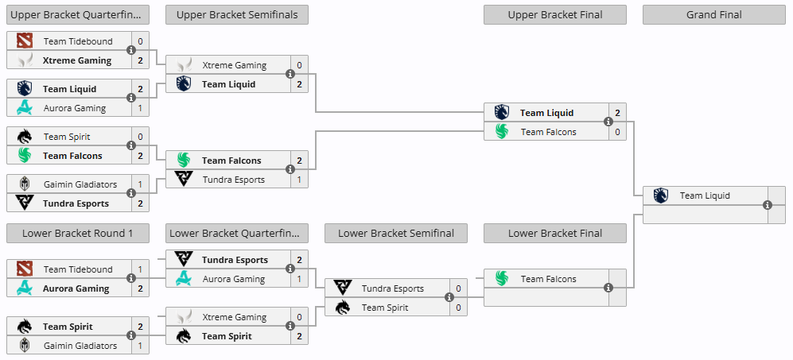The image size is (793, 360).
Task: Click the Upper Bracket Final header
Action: click(555, 15)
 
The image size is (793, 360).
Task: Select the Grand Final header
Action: click(714, 15)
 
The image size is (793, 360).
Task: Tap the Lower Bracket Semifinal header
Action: click(396, 233)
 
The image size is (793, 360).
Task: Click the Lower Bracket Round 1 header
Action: click(77, 233)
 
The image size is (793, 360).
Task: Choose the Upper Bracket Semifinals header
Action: click(237, 15)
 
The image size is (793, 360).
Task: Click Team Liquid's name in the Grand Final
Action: click(705, 195)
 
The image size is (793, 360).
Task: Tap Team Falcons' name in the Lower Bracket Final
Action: click(548, 279)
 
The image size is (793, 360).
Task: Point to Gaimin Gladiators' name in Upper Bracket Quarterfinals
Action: click(80, 184)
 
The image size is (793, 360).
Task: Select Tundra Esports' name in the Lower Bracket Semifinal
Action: click(392, 288)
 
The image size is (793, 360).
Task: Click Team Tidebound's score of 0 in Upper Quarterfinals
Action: click(140, 41)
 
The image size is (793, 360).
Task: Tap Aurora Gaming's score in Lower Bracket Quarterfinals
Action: click(299, 279)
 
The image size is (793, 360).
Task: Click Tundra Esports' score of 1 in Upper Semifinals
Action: click(299, 180)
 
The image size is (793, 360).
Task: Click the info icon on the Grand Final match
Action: click(768, 205)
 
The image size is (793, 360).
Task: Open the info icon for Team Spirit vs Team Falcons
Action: click(131, 145)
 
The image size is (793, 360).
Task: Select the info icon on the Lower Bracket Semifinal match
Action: click(449, 298)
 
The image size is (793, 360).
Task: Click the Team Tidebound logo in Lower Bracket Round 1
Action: click(25, 269)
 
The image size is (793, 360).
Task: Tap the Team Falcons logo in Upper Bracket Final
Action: click(501, 132)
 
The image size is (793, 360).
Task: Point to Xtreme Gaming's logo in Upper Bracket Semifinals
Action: click(184, 65)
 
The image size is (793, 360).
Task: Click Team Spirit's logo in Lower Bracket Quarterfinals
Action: click(184, 336)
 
